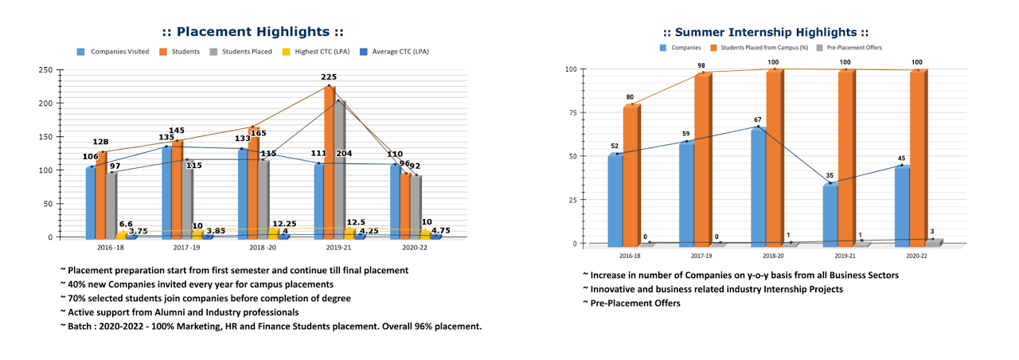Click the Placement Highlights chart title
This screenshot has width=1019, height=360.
click(253, 32)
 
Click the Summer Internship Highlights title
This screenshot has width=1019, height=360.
click(765, 32)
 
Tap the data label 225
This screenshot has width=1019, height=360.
click(329, 77)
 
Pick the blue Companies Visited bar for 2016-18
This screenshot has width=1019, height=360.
click(91, 203)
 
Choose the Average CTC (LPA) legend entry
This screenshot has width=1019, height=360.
click(400, 52)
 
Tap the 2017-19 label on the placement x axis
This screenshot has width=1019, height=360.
click(185, 248)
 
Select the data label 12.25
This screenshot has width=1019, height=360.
click(285, 224)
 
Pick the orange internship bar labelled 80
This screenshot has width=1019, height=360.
click(630, 175)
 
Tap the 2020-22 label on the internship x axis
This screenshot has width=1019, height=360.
click(916, 256)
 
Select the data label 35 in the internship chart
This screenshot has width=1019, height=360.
click(829, 176)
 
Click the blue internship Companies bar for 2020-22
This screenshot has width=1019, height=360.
click(901, 205)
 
